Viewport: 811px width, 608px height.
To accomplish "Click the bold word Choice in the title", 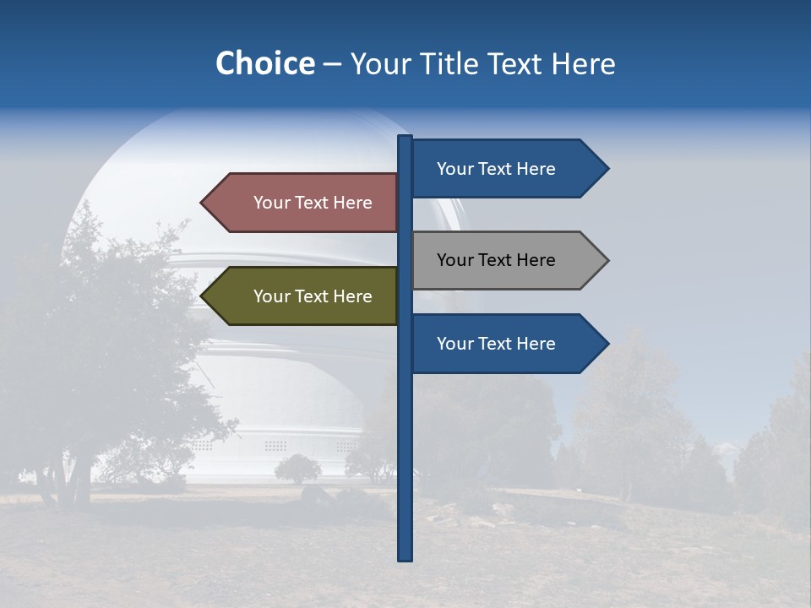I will point(264,63).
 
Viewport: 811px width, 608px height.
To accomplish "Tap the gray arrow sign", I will point(507,260).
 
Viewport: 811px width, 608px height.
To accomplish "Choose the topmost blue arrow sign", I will point(507,169).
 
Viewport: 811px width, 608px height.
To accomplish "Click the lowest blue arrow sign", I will point(507,344).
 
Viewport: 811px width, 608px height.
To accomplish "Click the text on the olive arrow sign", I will point(313,296).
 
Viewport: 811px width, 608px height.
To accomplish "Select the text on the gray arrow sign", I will point(496,260).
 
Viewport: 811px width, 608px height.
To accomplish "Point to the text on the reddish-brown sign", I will point(313,203).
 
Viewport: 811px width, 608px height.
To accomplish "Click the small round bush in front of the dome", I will point(297,468).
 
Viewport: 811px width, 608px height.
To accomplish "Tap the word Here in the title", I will point(583,63).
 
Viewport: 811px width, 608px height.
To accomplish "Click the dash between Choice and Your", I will point(332,65).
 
